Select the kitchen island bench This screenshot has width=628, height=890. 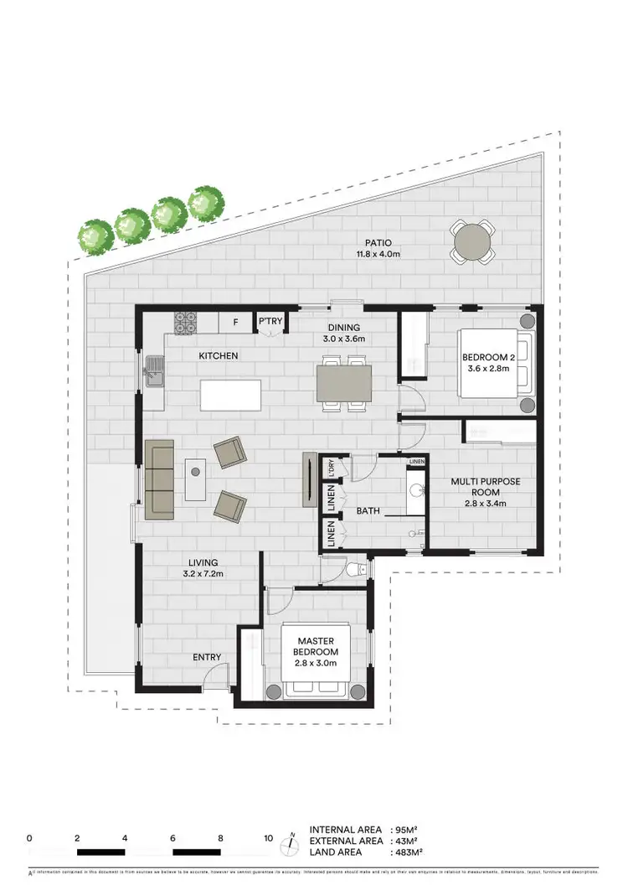click(x=230, y=395)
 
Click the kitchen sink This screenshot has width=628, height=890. click(x=156, y=370)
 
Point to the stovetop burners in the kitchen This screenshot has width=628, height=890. click(x=185, y=321)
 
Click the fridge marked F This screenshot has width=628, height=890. click(x=235, y=322)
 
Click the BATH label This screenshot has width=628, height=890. click(x=368, y=510)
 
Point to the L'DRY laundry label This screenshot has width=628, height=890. click(x=332, y=468)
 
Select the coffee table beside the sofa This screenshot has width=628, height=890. click(x=197, y=479)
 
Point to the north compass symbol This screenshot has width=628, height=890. click(x=291, y=841)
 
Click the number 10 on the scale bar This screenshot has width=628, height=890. click(x=268, y=837)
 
